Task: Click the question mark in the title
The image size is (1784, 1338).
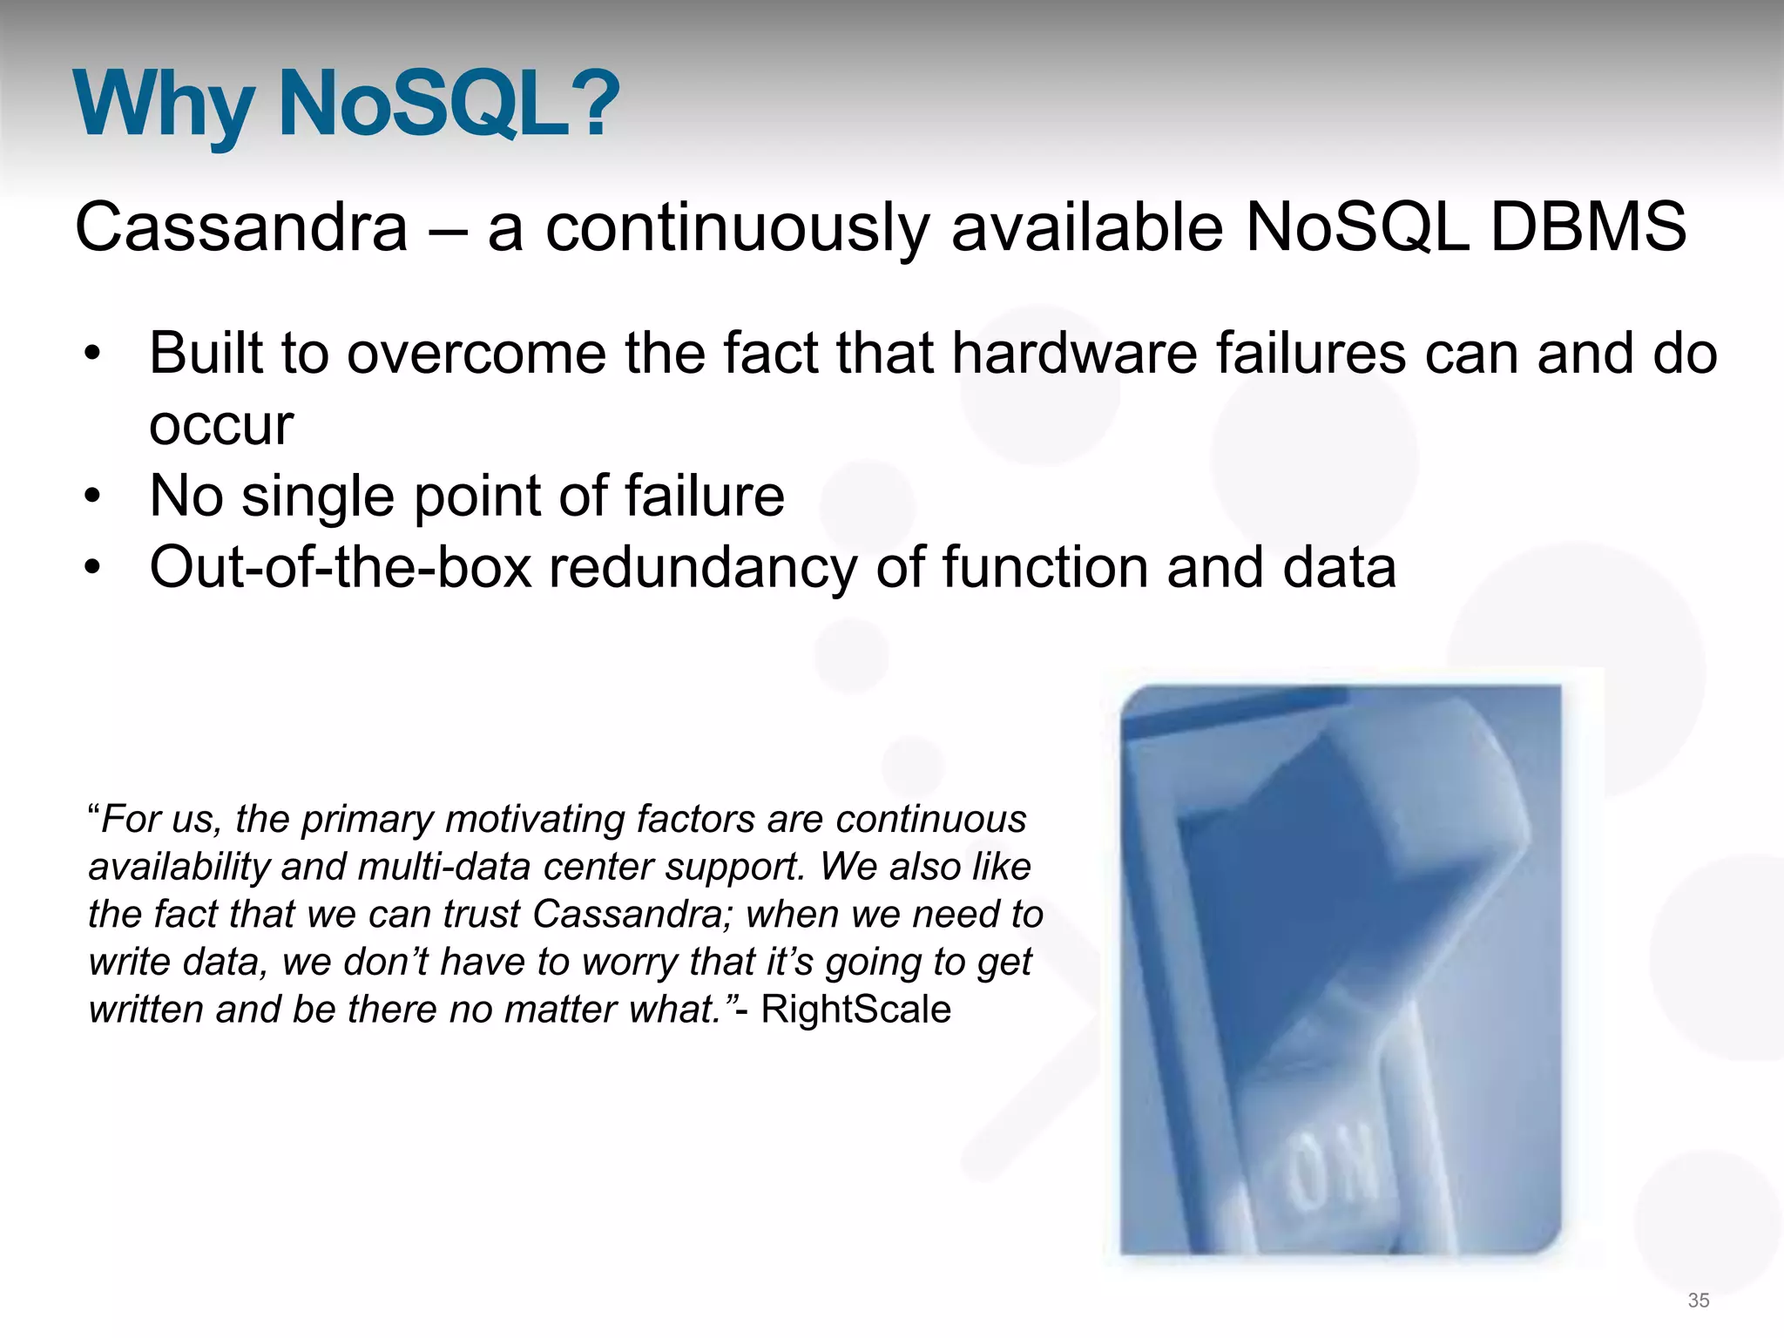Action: (x=596, y=105)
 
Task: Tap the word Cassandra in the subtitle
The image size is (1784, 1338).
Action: (x=241, y=227)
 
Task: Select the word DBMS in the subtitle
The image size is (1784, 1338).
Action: (x=1588, y=227)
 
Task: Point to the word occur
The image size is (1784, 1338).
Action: (x=221, y=425)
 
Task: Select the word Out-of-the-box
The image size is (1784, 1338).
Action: (x=341, y=567)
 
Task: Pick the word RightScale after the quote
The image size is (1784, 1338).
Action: (x=855, y=1010)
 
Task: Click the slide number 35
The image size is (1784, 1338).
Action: (x=1698, y=1301)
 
